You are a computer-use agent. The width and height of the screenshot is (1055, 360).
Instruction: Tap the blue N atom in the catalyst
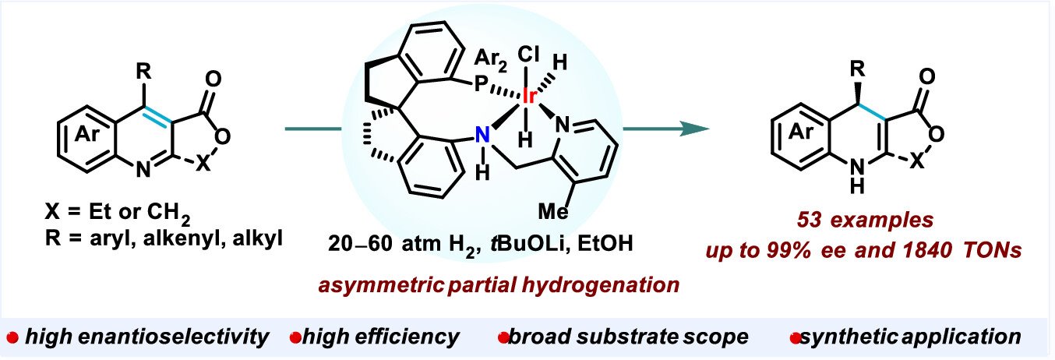coord(483,135)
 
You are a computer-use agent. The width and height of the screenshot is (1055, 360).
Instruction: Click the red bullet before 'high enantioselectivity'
coord(12,337)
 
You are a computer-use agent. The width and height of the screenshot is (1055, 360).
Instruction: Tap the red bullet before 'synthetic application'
coord(796,337)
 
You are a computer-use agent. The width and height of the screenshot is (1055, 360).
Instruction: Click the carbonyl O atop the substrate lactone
coord(213,80)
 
